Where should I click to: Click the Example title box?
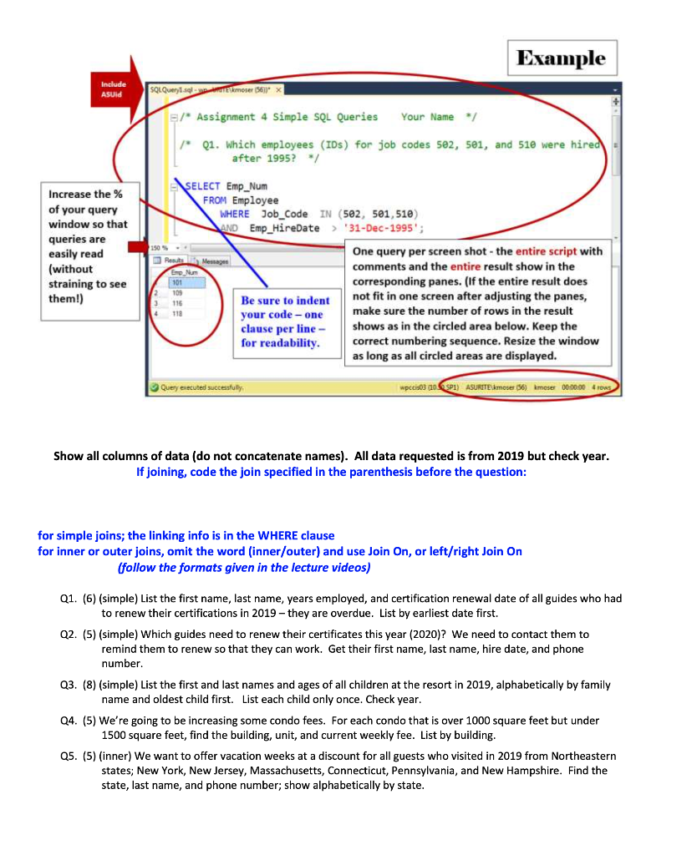[x=562, y=58]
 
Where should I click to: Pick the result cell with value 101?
[x=178, y=281]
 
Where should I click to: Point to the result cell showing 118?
[x=178, y=314]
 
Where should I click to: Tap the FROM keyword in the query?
[x=215, y=200]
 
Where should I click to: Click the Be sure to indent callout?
[x=285, y=321]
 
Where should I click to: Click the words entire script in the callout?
[x=544, y=251]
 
